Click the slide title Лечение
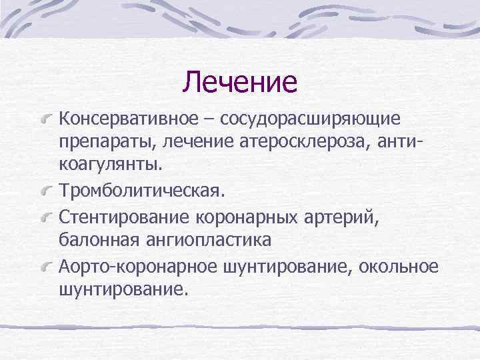(240, 82)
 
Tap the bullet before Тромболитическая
(47, 192)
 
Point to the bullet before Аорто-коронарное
(47, 267)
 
